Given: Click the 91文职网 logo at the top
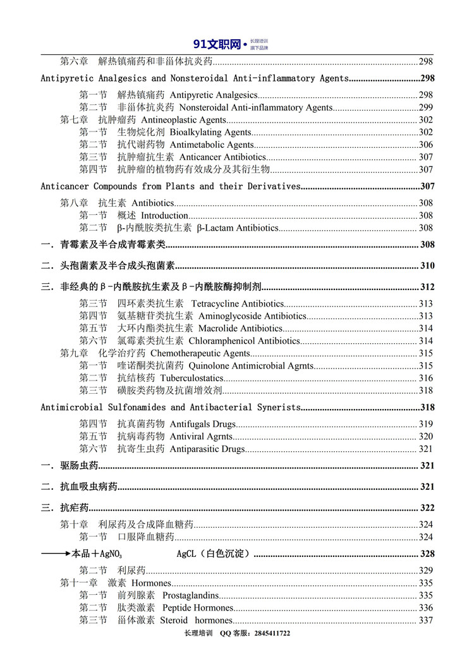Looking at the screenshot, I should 218,44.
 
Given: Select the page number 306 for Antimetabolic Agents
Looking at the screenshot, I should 425,145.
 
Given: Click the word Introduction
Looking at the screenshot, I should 164,216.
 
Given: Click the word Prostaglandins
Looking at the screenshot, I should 191,595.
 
